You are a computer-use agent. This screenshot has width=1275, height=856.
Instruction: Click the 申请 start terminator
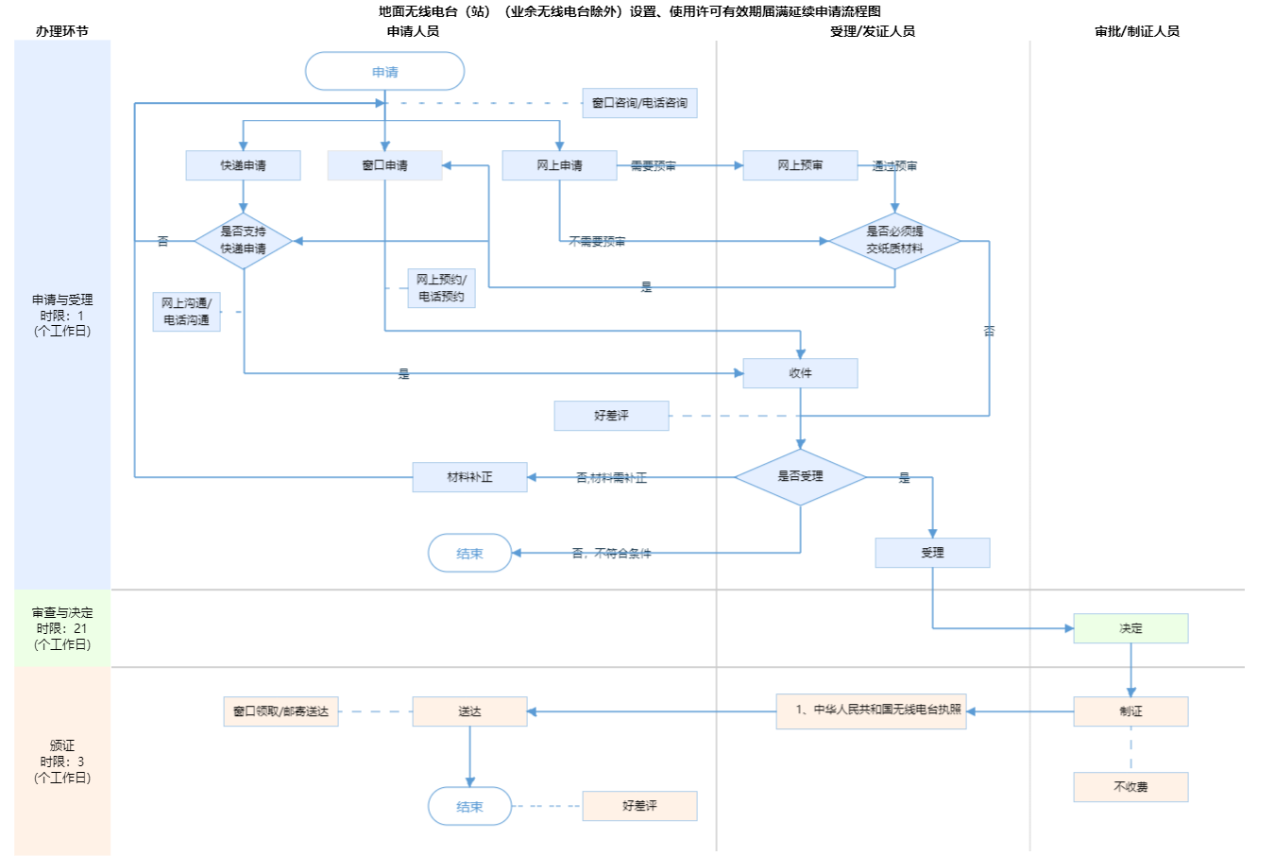pos(384,72)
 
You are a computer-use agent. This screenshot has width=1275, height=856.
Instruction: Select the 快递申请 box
pos(243,165)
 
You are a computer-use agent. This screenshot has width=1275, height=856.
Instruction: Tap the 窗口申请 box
pos(384,165)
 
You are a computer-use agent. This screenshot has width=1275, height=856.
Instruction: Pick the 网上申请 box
pos(559,165)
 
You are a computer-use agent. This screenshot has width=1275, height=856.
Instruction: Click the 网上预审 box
pos(800,165)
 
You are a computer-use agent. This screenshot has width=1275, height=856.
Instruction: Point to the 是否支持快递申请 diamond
pos(243,240)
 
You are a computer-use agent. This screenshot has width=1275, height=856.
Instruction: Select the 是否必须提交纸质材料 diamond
pos(894,240)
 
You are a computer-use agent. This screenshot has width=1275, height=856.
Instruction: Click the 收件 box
pos(800,373)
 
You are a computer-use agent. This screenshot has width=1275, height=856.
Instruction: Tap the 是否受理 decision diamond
pos(800,476)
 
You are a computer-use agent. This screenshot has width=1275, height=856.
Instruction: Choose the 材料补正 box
pos(469,477)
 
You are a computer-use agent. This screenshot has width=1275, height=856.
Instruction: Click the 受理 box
pos(932,553)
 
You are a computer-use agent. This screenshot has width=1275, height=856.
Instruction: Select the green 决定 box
pos(1130,628)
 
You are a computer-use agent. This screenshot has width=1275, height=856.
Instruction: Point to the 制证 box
pos(1130,711)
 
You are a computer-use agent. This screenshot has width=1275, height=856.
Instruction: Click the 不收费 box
pos(1130,787)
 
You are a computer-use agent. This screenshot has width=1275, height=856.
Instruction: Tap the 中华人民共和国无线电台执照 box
pos(871,710)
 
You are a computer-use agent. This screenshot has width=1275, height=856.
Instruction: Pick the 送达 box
pos(469,711)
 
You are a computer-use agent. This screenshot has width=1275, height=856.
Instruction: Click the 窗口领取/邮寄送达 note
pos(280,711)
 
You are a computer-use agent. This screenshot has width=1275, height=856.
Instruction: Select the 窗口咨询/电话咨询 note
pos(639,103)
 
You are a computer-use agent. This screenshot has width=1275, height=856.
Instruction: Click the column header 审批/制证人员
pos(1137,31)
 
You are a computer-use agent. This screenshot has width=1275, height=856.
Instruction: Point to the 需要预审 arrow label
pos(653,165)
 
